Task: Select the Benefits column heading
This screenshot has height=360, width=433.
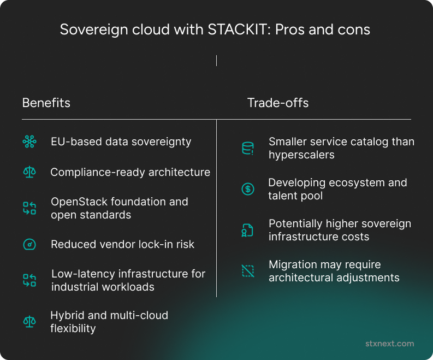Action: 46,103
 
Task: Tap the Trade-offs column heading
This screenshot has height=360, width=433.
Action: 277,103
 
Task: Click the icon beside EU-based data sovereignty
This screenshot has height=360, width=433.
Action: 29,142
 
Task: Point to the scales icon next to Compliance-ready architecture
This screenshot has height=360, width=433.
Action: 29,173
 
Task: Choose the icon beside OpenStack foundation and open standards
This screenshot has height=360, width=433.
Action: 29,208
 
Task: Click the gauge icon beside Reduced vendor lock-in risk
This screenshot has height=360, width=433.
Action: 29,244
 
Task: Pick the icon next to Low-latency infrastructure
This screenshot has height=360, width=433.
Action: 29,280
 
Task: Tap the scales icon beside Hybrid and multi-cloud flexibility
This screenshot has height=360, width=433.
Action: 29,322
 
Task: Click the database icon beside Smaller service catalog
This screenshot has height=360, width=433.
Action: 248,149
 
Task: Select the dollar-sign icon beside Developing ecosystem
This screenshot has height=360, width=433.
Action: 248,190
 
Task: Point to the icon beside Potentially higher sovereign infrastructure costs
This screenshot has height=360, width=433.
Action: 248,231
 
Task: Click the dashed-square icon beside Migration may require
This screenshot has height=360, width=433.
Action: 248,271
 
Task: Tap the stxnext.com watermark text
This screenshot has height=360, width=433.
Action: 389,344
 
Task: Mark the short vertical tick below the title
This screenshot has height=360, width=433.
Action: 216,60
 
